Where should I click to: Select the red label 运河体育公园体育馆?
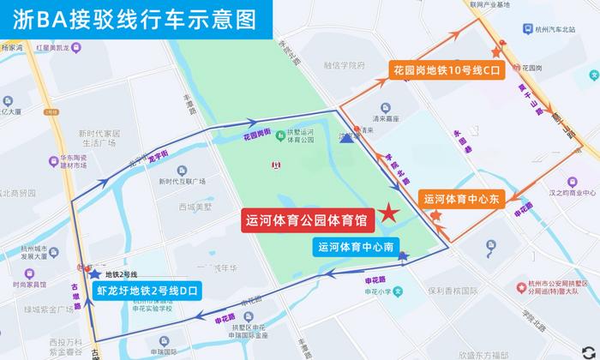(x=304, y=219)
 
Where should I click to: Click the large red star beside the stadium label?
(x=390, y=213)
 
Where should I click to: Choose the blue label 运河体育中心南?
(x=355, y=247)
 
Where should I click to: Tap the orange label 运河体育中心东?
(x=466, y=199)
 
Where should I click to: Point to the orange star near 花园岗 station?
(x=495, y=52)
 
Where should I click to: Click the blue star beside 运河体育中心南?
(x=403, y=255)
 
